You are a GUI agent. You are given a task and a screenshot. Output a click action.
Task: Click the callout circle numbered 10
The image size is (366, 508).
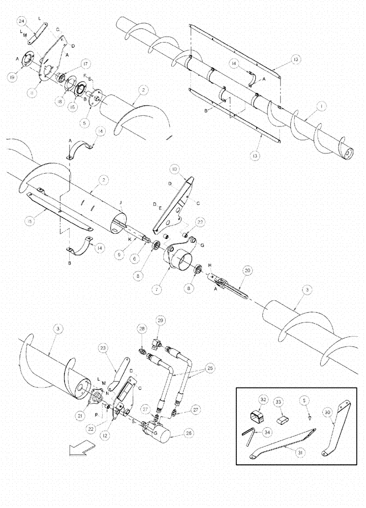[175, 168]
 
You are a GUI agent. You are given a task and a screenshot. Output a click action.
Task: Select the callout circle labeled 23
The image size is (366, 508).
[104, 348]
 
